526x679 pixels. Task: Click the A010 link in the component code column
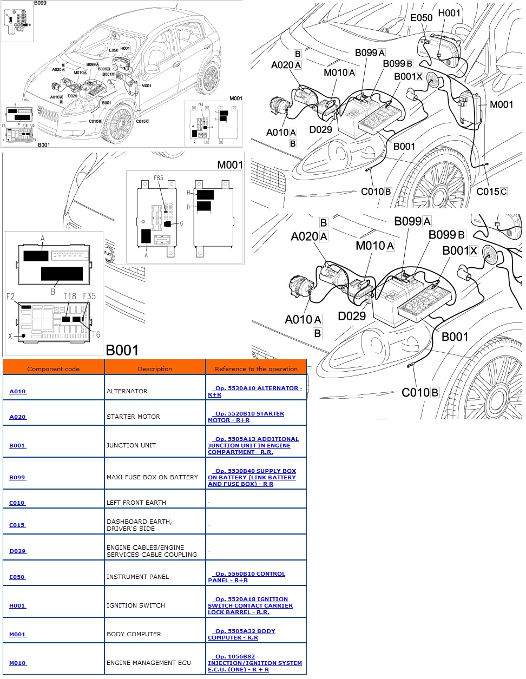point(17,391)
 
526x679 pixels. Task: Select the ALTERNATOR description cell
point(127,391)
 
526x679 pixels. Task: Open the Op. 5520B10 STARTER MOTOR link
point(246,417)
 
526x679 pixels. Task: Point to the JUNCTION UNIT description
point(131,445)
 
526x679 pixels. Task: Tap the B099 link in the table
point(17,477)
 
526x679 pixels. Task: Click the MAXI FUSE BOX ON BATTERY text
point(152,477)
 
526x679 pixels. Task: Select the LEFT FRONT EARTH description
point(136,503)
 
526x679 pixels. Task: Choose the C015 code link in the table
point(17,525)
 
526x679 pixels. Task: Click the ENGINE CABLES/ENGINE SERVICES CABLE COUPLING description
point(152,551)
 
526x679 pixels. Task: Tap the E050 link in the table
point(17,577)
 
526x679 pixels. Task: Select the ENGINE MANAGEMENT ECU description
point(149,663)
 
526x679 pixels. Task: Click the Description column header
point(155,369)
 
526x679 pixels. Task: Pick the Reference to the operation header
point(256,369)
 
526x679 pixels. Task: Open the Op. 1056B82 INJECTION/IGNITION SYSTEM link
point(255,663)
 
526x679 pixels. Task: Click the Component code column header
point(53,369)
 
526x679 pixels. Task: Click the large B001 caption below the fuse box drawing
point(122,350)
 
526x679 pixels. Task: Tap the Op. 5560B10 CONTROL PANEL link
point(247,577)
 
